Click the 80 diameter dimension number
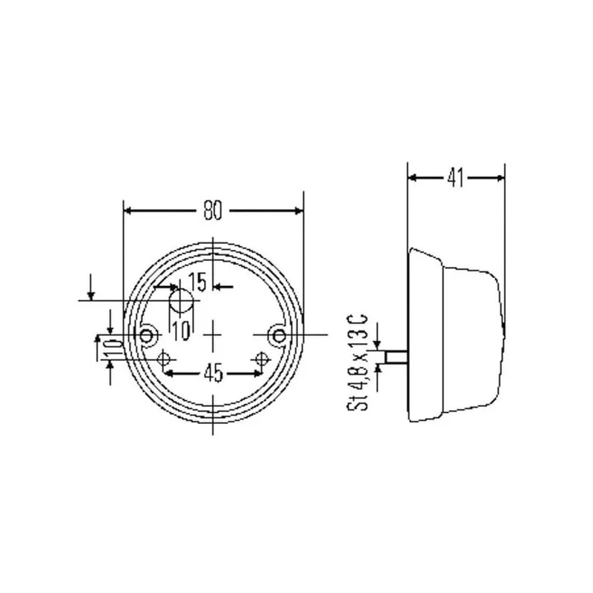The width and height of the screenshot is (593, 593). tap(213, 211)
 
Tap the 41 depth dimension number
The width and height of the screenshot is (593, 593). tap(455, 178)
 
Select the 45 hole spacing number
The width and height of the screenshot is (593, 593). tap(213, 374)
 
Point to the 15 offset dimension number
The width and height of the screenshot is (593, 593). tap(197, 282)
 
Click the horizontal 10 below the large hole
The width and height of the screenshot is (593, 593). tap(181, 330)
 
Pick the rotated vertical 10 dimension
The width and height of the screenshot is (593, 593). tap(110, 347)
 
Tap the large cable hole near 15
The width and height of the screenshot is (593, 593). tap(181, 302)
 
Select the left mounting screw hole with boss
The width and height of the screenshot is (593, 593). tap(148, 337)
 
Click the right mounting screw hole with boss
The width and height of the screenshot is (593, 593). tap(279, 337)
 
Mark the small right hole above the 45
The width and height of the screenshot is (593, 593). tap(261, 360)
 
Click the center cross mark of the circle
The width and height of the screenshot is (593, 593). tap(213, 337)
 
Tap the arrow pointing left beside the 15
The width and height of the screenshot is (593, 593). tap(219, 286)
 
